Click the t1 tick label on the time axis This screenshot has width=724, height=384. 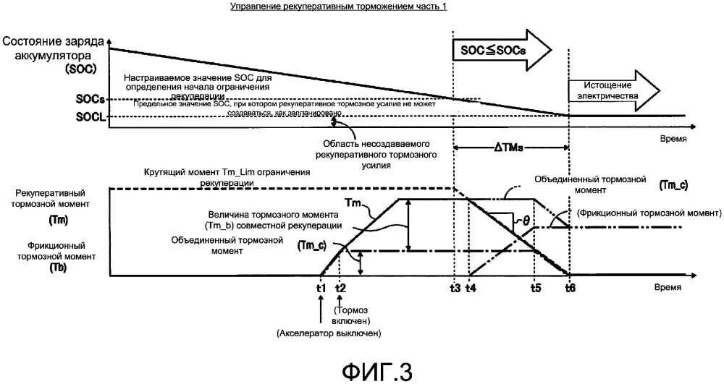(321, 286)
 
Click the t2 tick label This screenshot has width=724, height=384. (341, 286)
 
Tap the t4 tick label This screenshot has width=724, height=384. (471, 286)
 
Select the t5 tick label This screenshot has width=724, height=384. (535, 286)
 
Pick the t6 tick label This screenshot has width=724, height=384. (570, 286)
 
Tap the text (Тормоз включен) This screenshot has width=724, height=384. (353, 310)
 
